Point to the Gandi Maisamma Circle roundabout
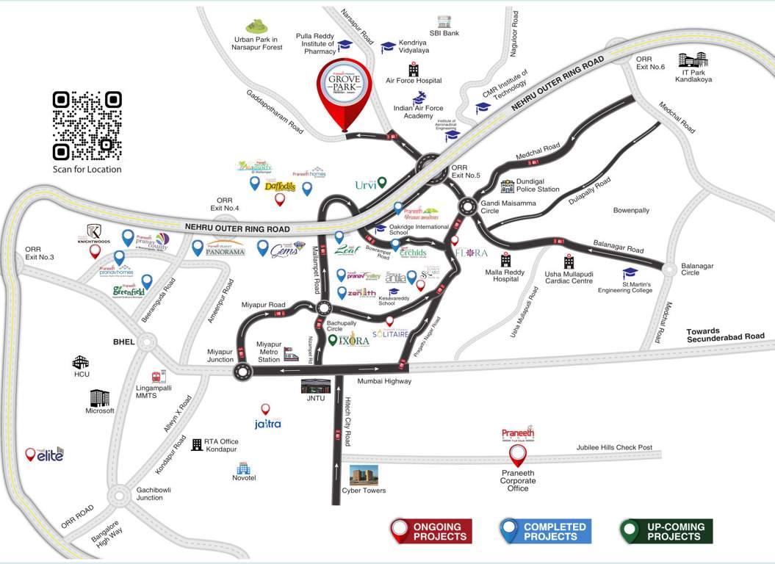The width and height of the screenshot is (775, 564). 466,207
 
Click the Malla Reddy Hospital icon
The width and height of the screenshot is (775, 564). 505,261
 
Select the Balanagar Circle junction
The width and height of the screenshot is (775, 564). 669,270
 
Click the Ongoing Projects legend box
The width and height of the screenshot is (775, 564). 430,531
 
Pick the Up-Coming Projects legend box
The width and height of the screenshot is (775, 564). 666,531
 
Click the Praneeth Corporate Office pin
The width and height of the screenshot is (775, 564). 519,455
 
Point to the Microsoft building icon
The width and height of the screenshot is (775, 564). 99,397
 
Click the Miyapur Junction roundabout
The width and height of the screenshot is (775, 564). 242,373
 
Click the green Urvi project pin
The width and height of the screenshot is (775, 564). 382,183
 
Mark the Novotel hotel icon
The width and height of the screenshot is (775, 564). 243,468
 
